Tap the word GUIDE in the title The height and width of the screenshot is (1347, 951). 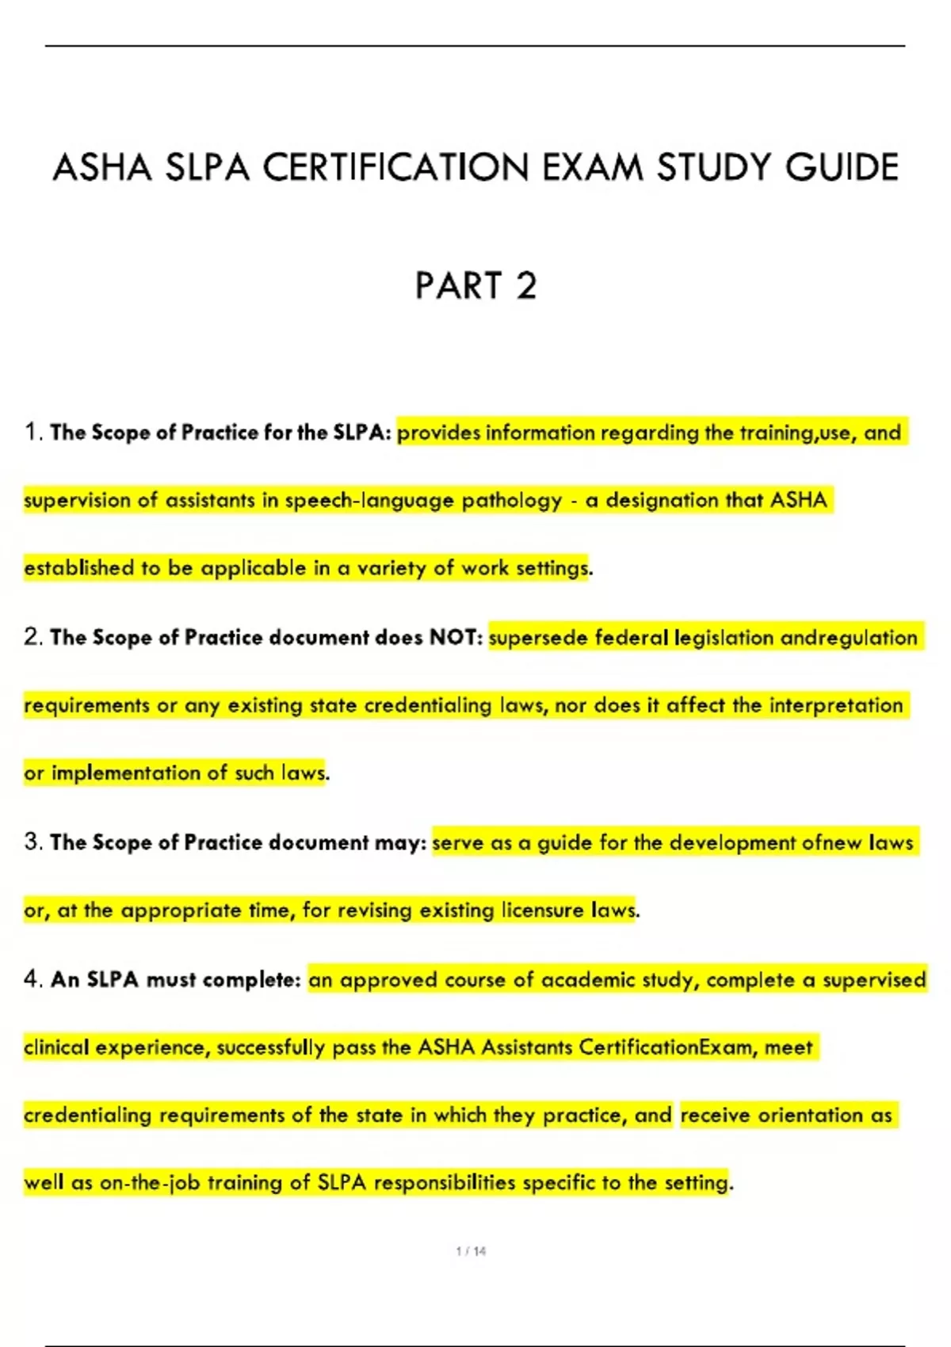(842, 168)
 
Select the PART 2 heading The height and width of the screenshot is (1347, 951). (475, 286)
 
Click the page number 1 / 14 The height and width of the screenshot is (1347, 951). (472, 1251)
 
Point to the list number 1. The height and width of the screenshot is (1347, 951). (32, 432)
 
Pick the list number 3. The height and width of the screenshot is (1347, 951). (32, 841)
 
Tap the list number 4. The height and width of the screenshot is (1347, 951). (32, 979)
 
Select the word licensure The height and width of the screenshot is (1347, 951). (542, 910)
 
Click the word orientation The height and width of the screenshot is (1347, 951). (811, 1115)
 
